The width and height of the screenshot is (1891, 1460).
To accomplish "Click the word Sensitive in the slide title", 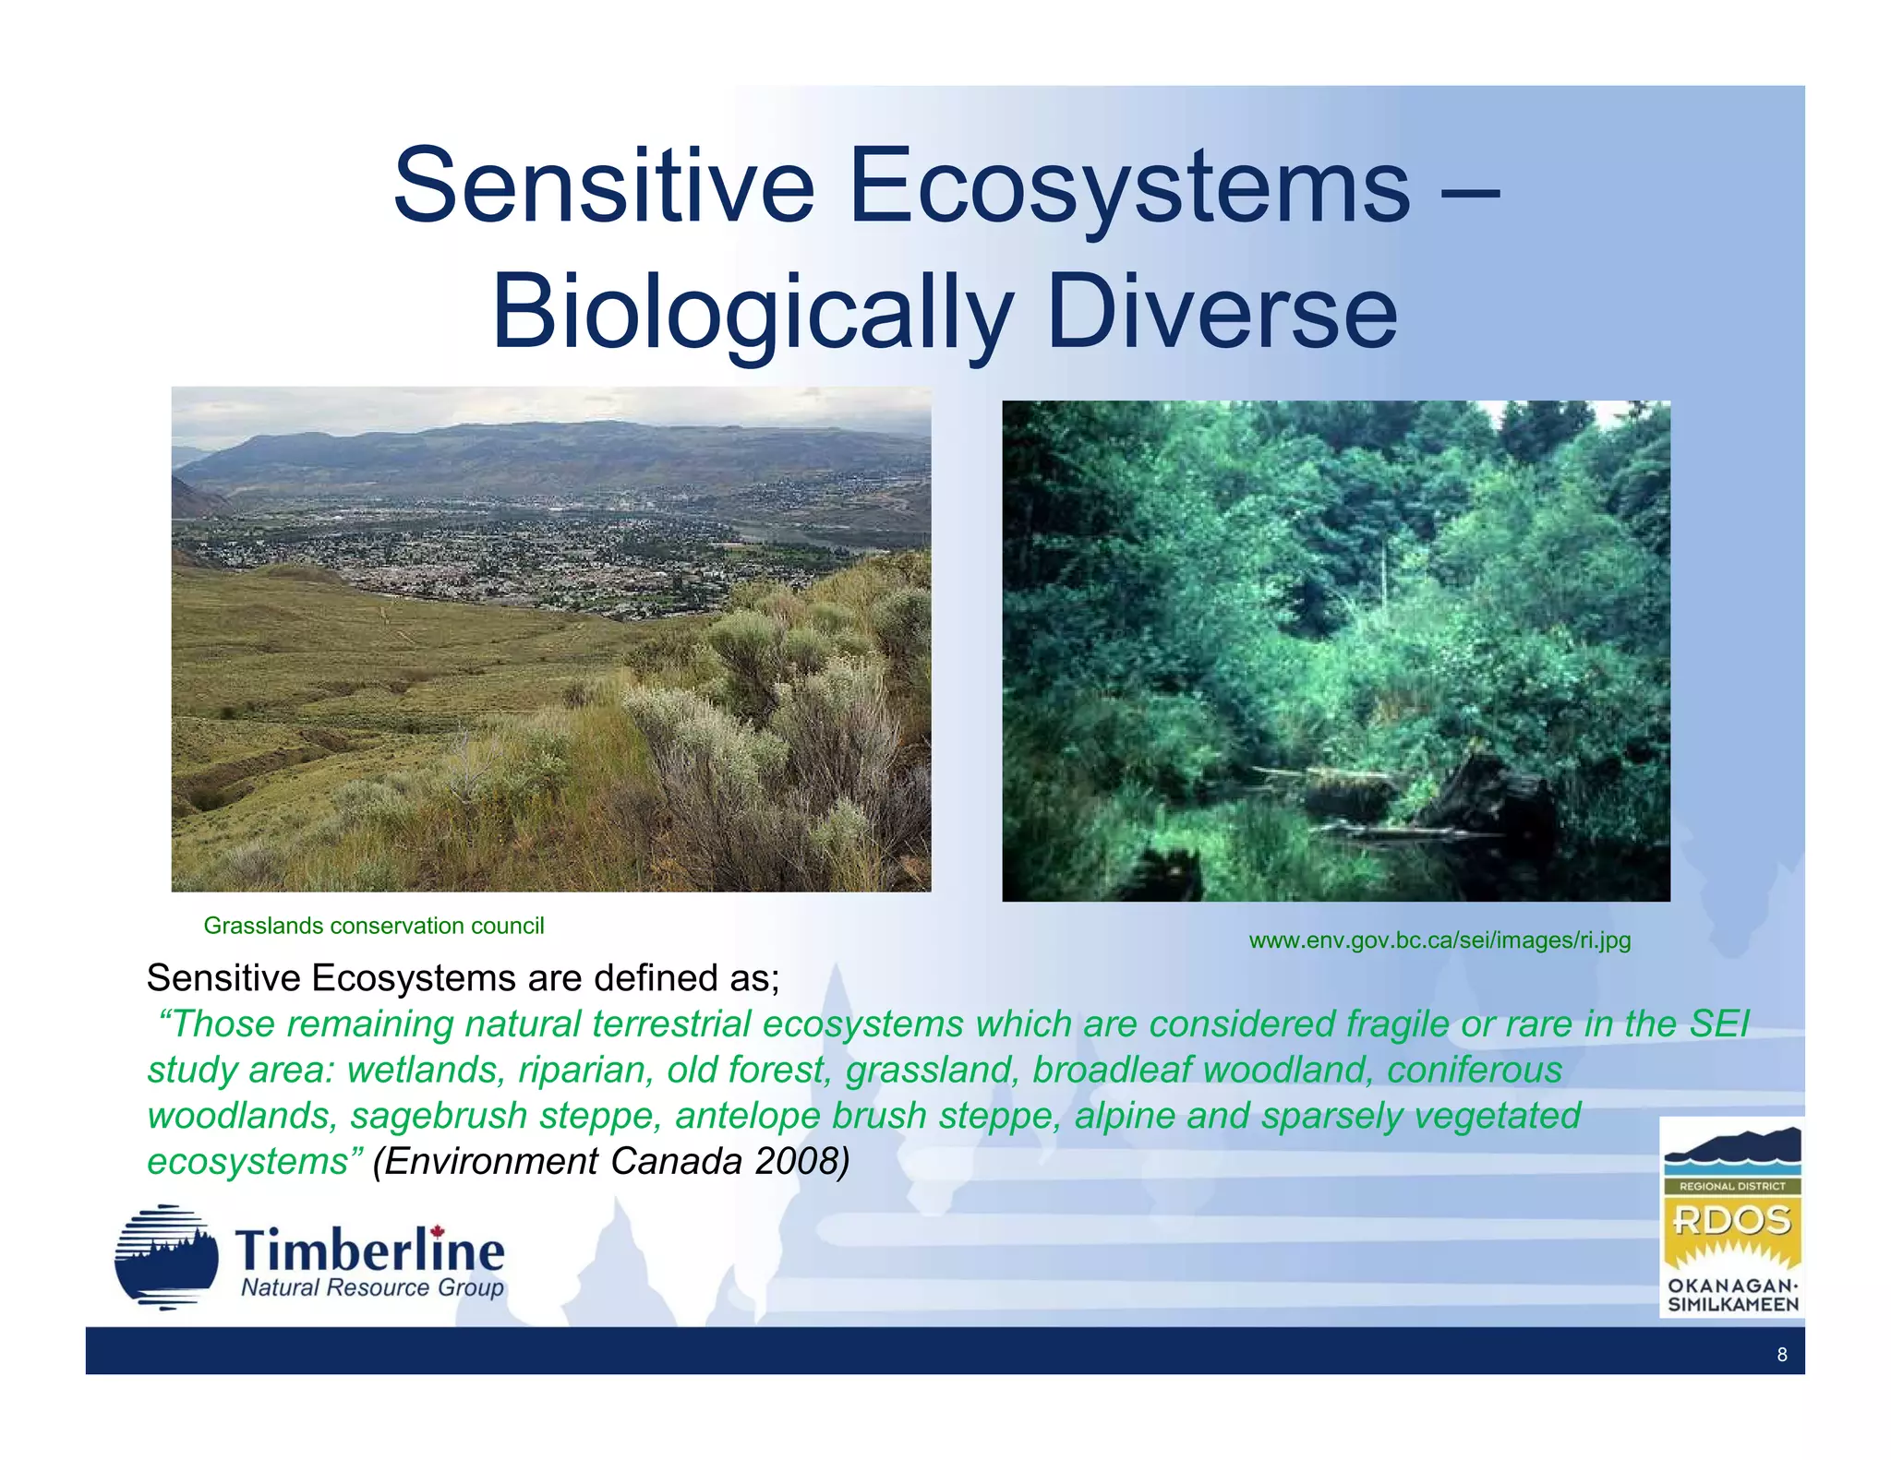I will coord(604,186).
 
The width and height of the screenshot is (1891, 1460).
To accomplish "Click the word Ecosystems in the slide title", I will coord(1129,186).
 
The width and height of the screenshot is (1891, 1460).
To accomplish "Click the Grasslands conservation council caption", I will coord(373,926).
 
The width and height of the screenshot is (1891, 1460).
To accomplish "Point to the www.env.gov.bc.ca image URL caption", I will coord(1439,940).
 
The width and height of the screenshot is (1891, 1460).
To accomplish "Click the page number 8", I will coord(1781,1355).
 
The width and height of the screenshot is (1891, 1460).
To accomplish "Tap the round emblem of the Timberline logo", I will coord(166,1257).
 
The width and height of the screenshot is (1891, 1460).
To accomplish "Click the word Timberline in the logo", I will coord(370,1251).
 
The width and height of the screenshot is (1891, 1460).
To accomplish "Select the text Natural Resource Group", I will coord(372,1288).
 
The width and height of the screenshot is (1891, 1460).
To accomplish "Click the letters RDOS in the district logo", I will coord(1732,1221).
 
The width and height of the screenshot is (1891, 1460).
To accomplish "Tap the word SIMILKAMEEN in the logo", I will coord(1732,1305).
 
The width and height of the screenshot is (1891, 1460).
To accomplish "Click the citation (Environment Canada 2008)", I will coord(610,1161).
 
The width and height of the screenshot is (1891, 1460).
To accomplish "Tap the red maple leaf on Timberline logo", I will coord(437,1233).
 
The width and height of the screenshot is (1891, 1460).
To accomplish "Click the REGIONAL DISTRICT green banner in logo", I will coord(1732,1187).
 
